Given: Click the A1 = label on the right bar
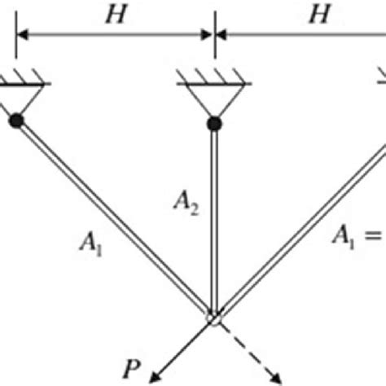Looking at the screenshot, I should pyautogui.click(x=358, y=235).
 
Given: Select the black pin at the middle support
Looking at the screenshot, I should pyautogui.click(x=213, y=124).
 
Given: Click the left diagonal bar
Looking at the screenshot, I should pyautogui.click(x=114, y=220).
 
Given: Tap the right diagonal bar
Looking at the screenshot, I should pyautogui.click(x=301, y=232).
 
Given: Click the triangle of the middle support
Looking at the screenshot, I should pyautogui.click(x=213, y=102).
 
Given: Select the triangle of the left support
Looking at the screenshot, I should pyautogui.click(x=16, y=100).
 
